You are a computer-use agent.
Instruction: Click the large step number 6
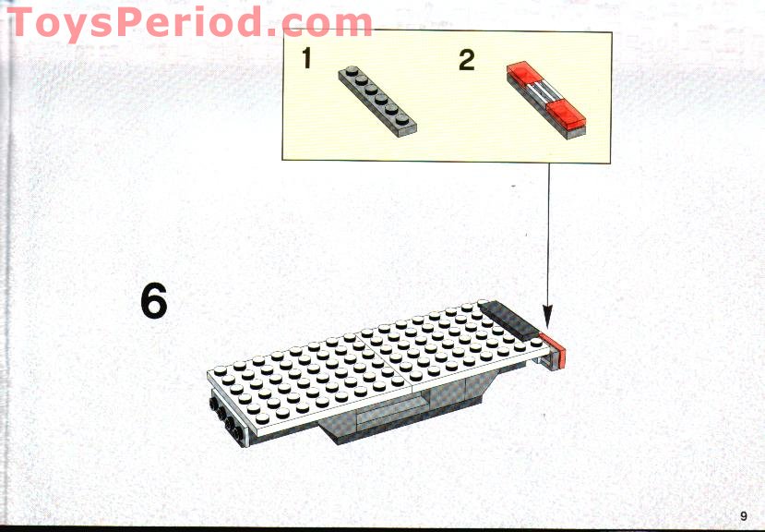pyautogui.click(x=154, y=301)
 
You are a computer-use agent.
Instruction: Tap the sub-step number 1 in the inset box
pyautogui.click(x=306, y=61)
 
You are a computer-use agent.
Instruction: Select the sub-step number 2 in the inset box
pyautogui.click(x=466, y=61)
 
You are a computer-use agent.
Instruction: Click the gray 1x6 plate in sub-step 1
pyautogui.click(x=378, y=100)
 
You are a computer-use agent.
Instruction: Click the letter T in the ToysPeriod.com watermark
pyautogui.click(x=25, y=23)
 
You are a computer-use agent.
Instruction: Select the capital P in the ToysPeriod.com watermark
pyautogui.click(x=163, y=23)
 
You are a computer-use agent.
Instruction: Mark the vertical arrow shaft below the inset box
pyautogui.click(x=549, y=240)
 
